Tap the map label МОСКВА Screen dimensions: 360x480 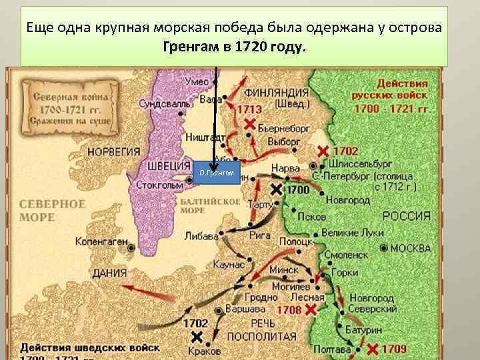pyautogui.click(x=410, y=248)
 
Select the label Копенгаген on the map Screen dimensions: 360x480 pyautogui.click(x=101, y=241)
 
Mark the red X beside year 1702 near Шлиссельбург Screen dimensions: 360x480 pyautogui.click(x=323, y=151)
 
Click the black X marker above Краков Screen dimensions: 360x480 pyautogui.click(x=197, y=337)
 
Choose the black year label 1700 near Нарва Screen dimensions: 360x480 pyautogui.click(x=297, y=190)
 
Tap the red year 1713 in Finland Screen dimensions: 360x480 pyautogui.click(x=252, y=109)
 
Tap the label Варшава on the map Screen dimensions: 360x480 pyautogui.click(x=245, y=309)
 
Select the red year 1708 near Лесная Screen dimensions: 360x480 pyautogui.click(x=289, y=310)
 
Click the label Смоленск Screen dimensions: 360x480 pyautogui.click(x=346, y=254)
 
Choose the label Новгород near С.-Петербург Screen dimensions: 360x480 pyautogui.click(x=348, y=200)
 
